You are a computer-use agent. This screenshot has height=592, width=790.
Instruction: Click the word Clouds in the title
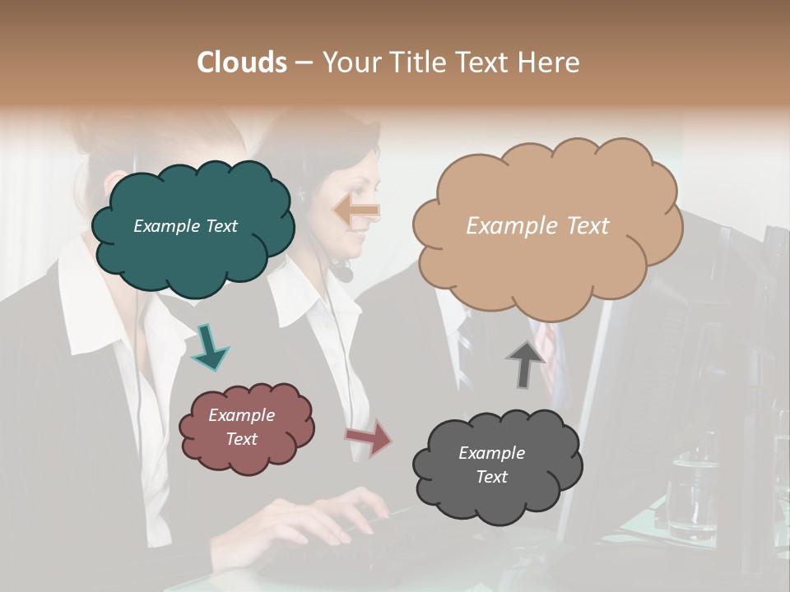click(x=242, y=62)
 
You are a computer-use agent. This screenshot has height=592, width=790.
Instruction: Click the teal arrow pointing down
click(x=209, y=346)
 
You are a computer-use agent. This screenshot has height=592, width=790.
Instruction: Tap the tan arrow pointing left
click(x=357, y=210)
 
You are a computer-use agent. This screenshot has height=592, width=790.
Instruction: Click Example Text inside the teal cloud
click(x=185, y=226)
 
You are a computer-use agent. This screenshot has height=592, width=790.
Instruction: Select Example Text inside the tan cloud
click(x=537, y=226)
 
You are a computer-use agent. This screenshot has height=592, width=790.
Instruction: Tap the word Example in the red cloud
click(x=241, y=415)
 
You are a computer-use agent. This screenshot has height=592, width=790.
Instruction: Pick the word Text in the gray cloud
click(x=491, y=477)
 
